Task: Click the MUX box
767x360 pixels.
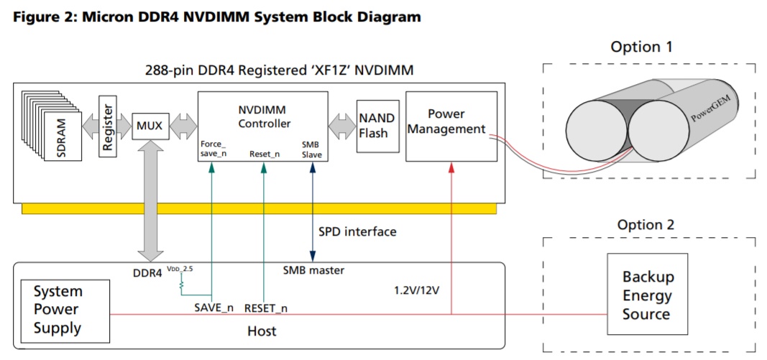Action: [149, 126]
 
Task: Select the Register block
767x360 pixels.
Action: [108, 126]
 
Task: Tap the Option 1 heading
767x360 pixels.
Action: [642, 47]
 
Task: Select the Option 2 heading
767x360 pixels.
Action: [646, 225]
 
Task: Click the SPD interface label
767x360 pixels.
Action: [357, 232]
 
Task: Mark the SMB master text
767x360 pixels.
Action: [314, 270]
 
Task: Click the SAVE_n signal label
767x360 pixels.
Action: [213, 307]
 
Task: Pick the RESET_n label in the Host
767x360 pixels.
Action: [266, 307]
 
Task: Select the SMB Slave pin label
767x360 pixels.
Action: [312, 149]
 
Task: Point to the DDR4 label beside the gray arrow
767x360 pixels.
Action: [147, 273]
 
